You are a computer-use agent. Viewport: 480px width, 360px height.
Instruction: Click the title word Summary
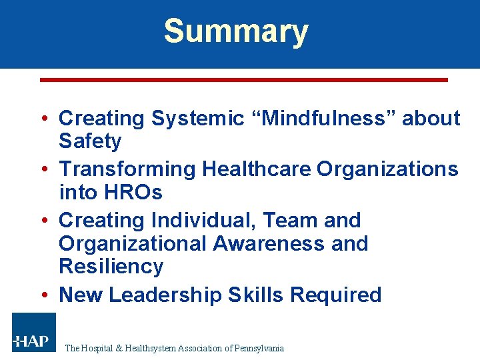236,31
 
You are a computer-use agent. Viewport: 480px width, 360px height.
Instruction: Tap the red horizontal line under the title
244,80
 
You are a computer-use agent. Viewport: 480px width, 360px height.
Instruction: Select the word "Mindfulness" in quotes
323,119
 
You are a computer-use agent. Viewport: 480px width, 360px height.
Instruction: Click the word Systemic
198,119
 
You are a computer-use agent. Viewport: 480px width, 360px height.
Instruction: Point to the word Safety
90,141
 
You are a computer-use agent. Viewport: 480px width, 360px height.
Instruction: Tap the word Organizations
387,169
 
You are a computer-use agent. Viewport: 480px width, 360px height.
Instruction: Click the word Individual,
202,220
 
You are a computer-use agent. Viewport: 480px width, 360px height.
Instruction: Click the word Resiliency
111,267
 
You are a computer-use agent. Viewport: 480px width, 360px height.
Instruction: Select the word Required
339,295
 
